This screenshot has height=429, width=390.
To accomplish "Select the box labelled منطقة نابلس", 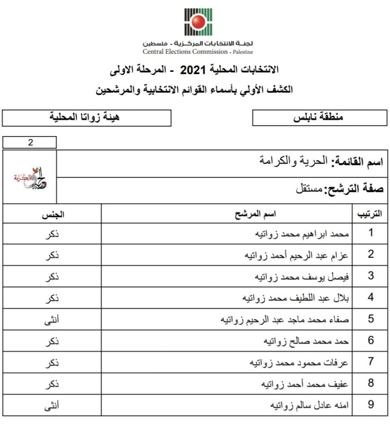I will [320, 118].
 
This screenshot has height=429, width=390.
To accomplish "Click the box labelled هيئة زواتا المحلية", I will [87, 118].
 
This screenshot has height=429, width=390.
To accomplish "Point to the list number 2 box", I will [30, 143].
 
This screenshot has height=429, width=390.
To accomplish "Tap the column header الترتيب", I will [369, 214].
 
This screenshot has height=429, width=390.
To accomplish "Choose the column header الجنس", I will [53, 214].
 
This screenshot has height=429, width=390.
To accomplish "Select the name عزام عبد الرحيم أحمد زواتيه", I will [296, 255].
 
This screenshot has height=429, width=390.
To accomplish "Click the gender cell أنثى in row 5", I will [53, 319].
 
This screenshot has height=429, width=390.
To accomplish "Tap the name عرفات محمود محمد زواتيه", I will [299, 362].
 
